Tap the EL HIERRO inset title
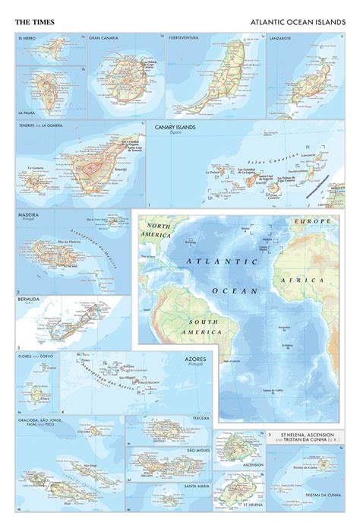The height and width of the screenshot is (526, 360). [x=27, y=37]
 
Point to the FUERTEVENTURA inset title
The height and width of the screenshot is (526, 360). [x=188, y=37]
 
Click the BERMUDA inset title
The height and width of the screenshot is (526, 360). [x=28, y=300]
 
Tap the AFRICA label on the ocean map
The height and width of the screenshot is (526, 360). [x=312, y=280]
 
